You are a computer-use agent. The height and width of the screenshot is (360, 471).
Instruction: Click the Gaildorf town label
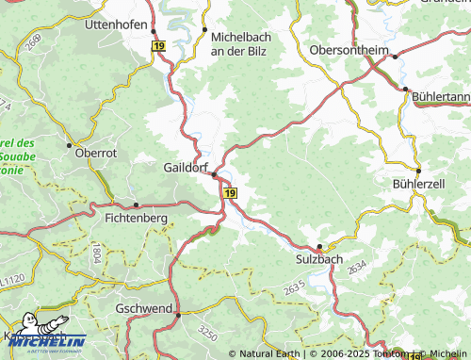(180, 166)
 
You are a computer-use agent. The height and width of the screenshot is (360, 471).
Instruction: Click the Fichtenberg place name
(136, 218)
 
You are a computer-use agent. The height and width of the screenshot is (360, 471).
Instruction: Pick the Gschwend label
(143, 309)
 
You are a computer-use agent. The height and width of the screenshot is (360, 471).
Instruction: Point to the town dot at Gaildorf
(215, 174)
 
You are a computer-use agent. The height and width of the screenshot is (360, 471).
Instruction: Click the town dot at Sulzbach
(319, 247)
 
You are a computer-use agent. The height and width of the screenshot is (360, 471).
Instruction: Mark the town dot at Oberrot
(69, 144)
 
